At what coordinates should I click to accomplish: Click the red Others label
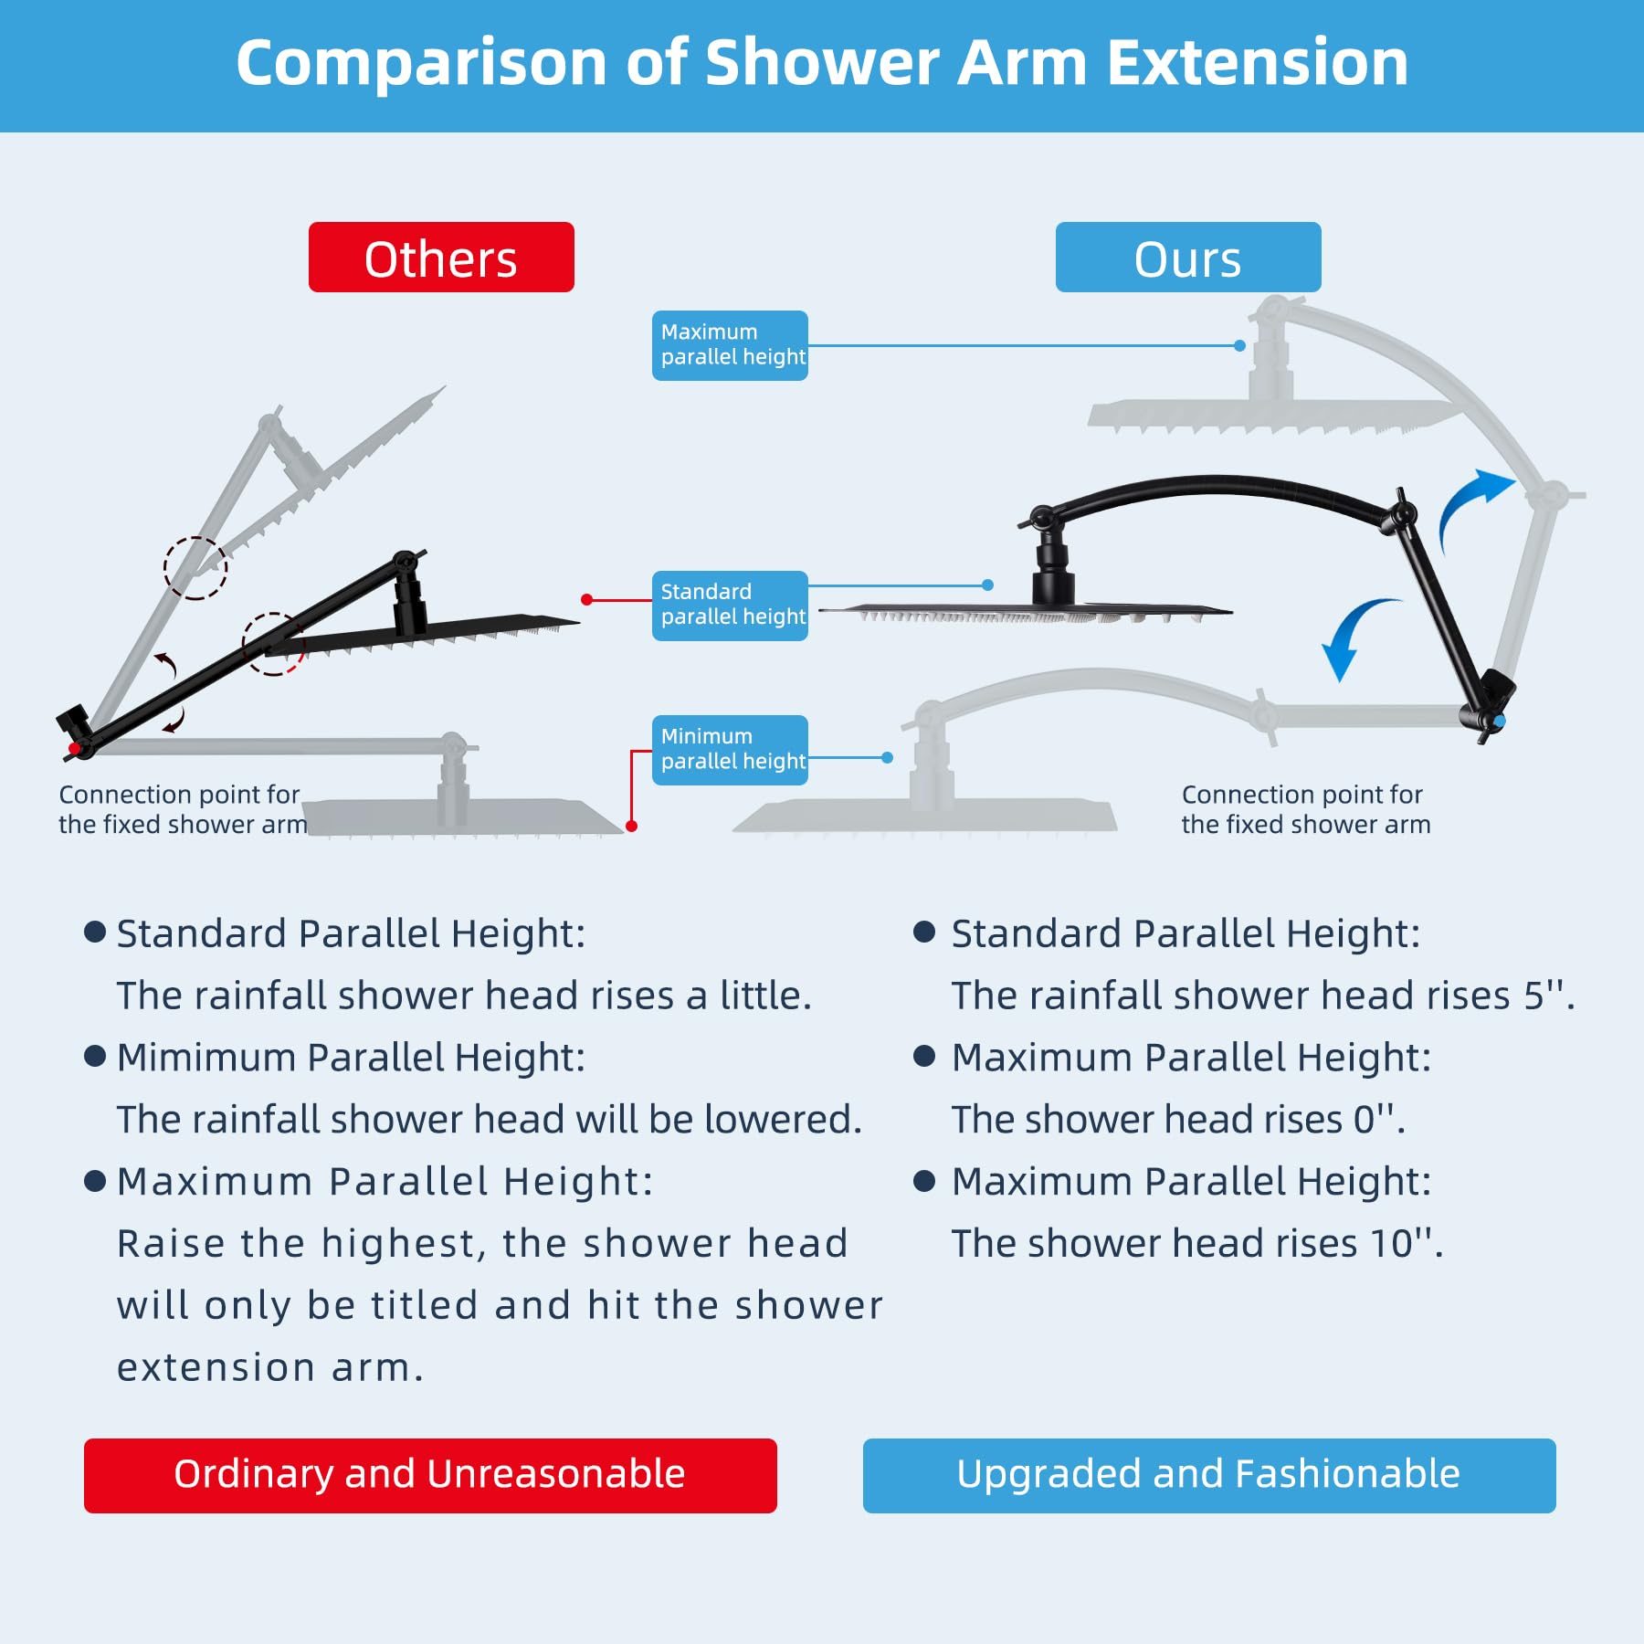tap(441, 258)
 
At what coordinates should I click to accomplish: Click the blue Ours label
tap(1187, 258)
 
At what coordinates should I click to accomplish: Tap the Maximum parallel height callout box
tap(730, 345)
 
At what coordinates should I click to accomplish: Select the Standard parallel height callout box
tap(730, 606)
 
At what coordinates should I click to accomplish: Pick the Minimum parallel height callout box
tap(730, 750)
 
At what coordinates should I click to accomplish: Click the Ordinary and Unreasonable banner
tap(430, 1475)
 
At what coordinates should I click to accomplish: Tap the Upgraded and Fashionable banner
tap(1208, 1475)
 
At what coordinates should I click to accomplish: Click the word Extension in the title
tap(1258, 63)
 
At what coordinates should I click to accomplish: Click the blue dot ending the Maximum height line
tap(1239, 345)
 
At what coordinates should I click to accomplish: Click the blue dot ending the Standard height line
tap(987, 585)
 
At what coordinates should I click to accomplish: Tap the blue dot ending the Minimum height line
tap(887, 757)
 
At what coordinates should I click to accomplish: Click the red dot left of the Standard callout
tap(586, 599)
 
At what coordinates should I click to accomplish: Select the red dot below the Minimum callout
tap(631, 826)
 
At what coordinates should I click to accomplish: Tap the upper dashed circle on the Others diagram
tap(195, 567)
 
